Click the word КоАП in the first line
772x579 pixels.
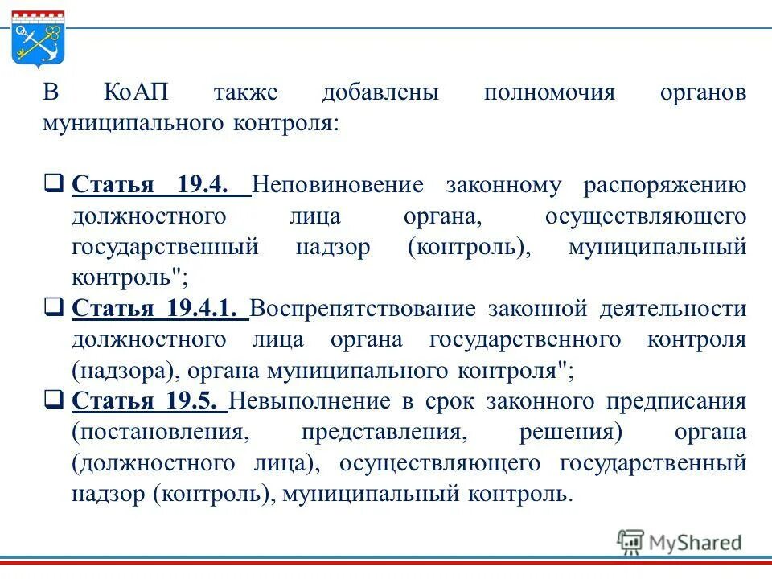coord(136,92)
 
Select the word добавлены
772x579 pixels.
coord(380,92)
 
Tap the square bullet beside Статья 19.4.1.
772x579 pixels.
coord(54,308)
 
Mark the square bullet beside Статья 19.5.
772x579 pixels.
coord(54,400)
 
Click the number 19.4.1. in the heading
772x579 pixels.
coord(206,309)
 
